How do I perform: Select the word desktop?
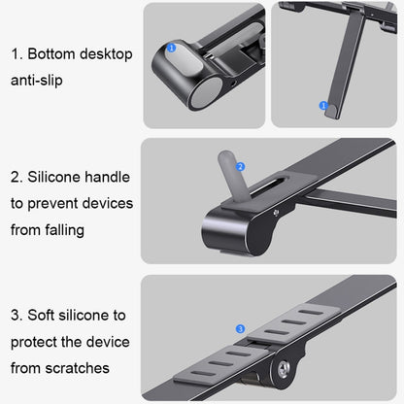(107, 54)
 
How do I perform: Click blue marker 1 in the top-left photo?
(172, 46)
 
